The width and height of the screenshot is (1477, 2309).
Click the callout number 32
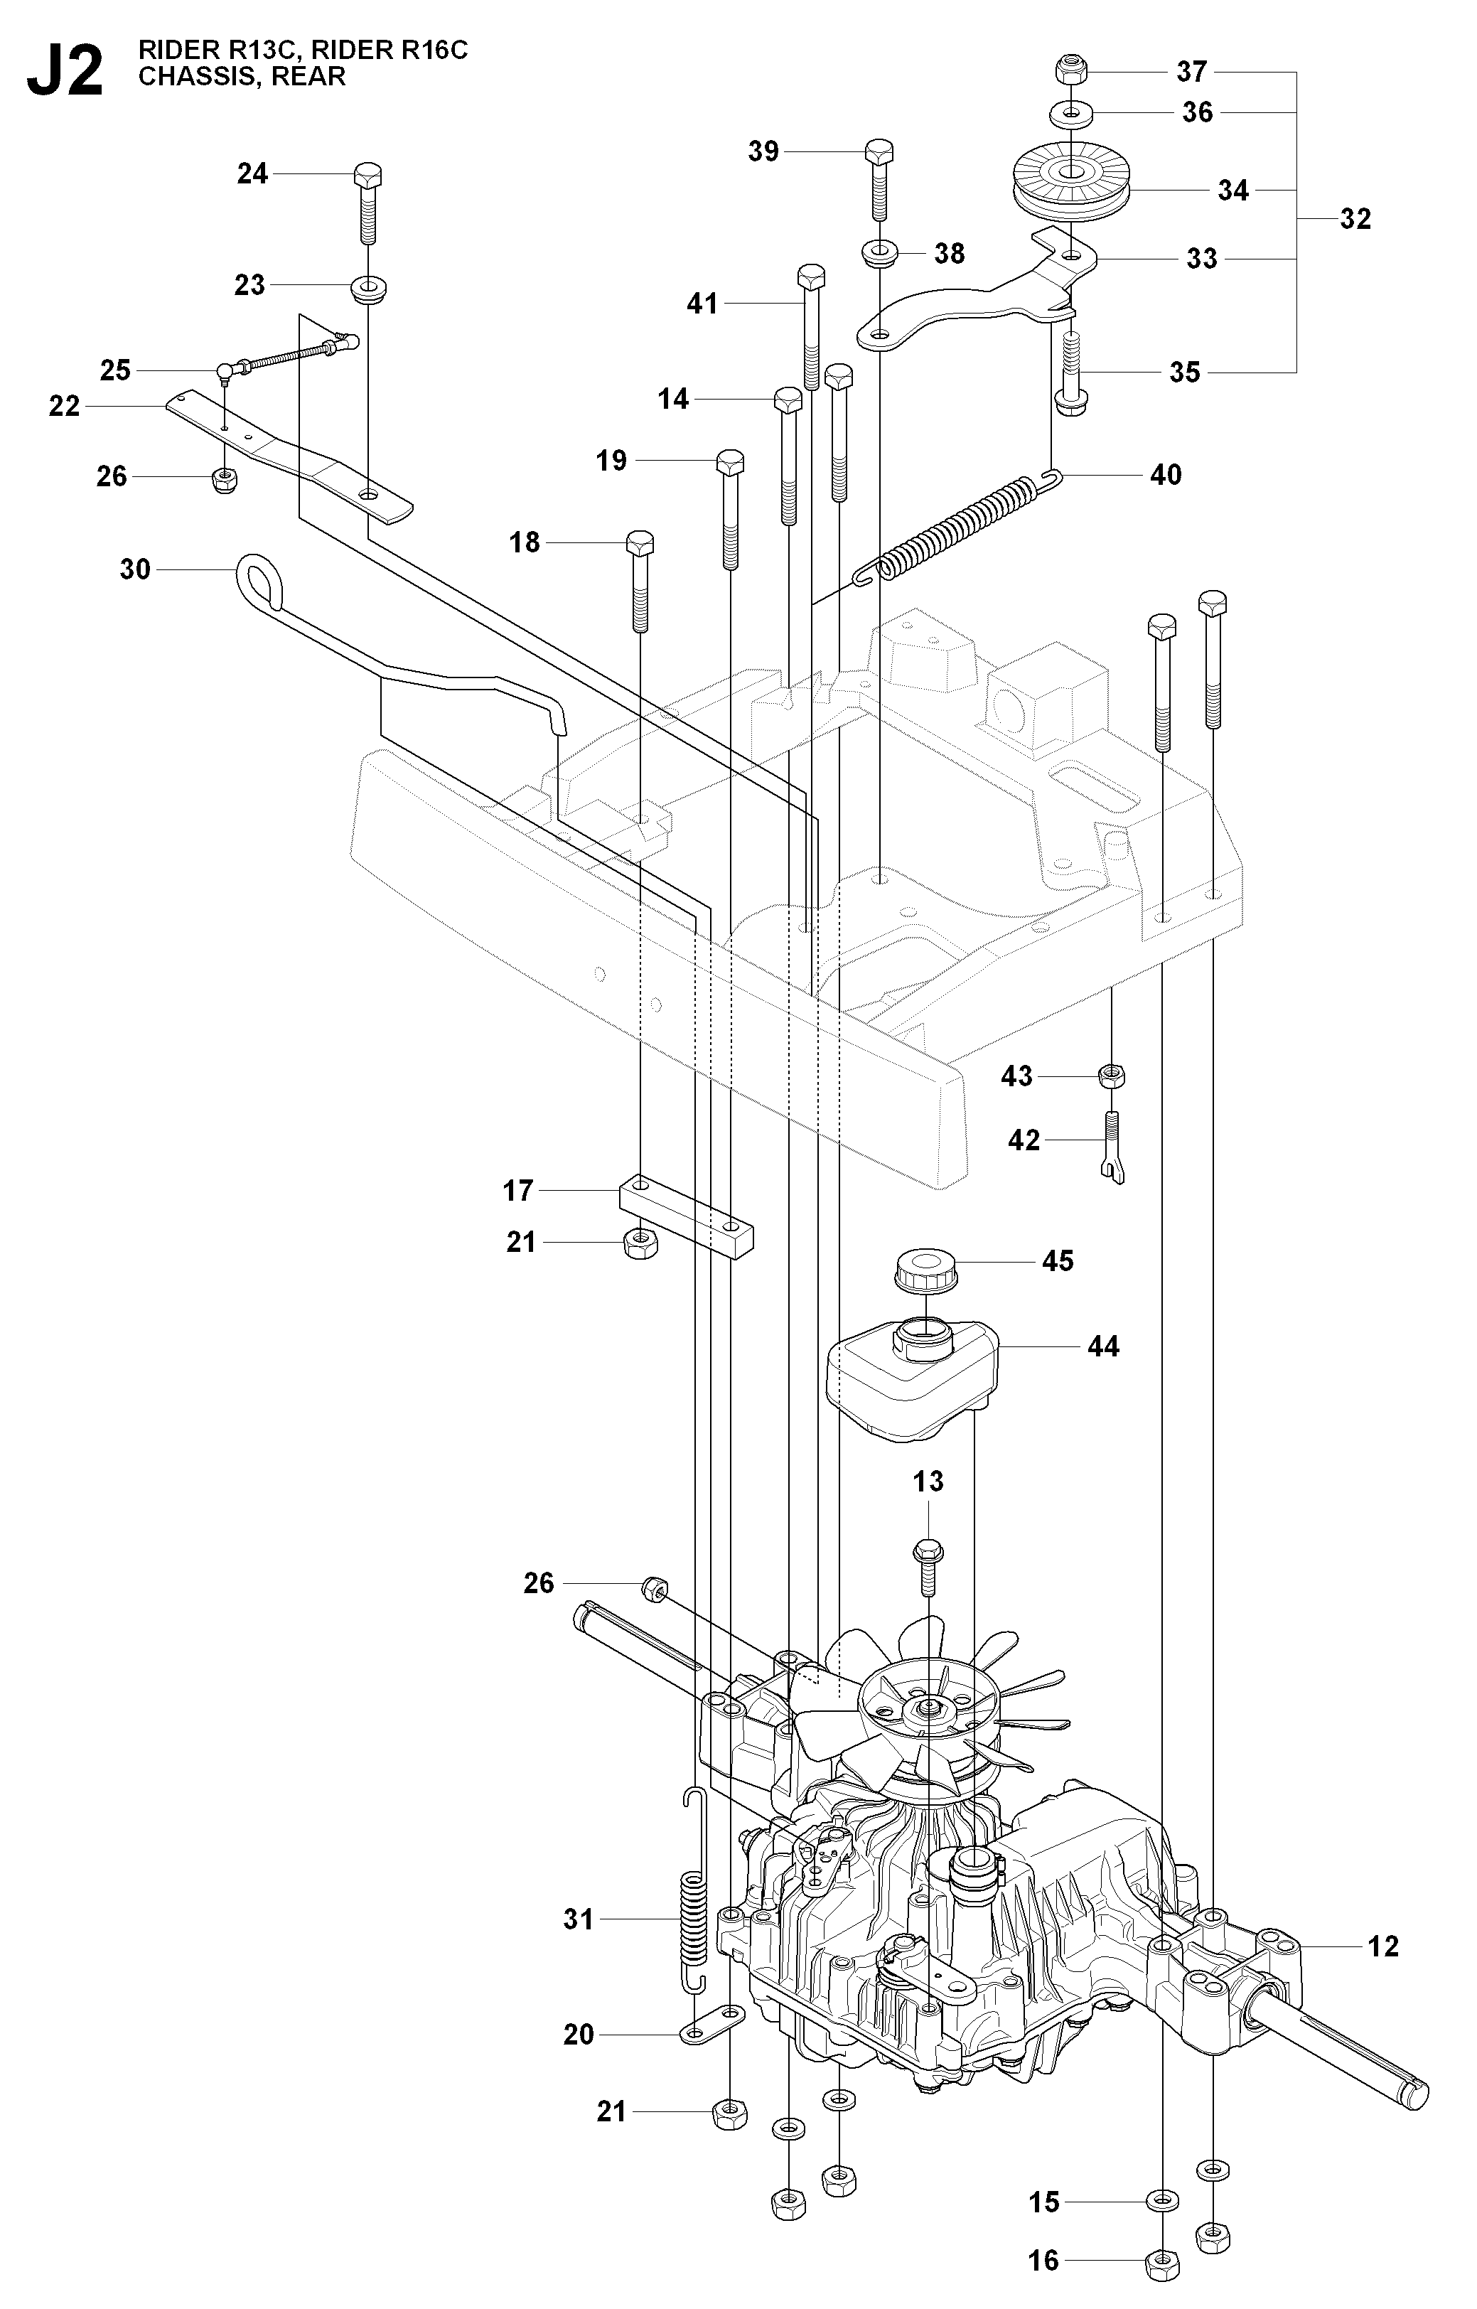pos(1355,219)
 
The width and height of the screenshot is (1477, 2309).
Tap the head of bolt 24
pos(368,176)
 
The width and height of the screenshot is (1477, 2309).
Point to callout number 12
pos(1383,1946)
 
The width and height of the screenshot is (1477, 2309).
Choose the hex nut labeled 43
pos(1112,1076)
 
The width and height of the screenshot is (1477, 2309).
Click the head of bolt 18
pos(640,543)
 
